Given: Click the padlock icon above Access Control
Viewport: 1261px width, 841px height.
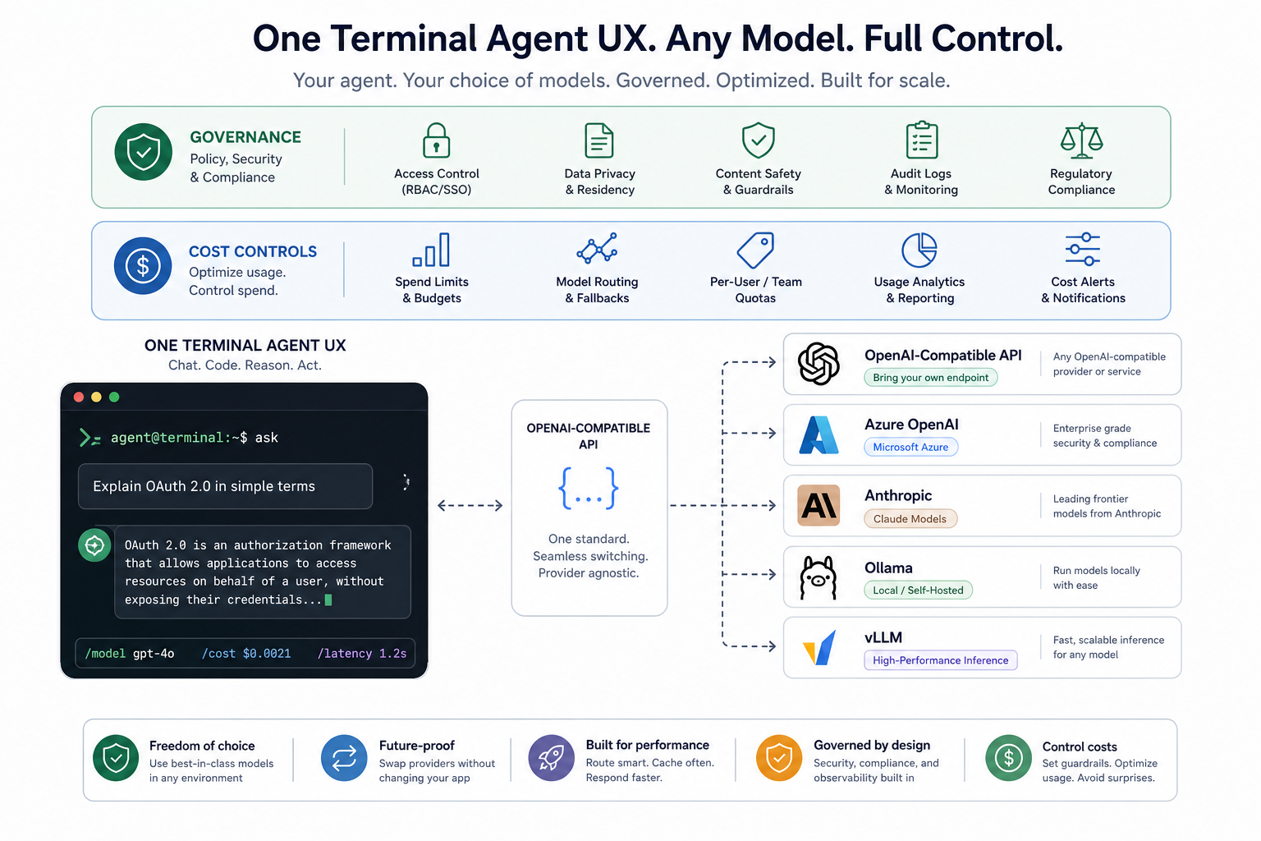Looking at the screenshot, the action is click(436, 140).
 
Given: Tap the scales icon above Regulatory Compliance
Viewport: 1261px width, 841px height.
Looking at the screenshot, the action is click(1081, 140).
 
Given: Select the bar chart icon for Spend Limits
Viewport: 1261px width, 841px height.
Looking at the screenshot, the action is click(431, 250).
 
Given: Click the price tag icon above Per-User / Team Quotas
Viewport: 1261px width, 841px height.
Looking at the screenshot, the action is click(755, 250).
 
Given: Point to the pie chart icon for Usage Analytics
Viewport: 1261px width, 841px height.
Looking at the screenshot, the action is click(919, 250).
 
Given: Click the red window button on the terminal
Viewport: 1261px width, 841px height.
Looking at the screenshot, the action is click(79, 398).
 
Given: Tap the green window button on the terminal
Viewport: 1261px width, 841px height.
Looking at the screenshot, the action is click(114, 398).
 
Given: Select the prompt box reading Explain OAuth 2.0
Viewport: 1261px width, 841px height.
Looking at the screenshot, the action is click(225, 486).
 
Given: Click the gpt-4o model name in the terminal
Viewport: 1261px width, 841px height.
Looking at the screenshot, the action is click(154, 654).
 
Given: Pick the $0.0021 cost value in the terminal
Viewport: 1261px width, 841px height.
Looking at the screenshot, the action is click(267, 654).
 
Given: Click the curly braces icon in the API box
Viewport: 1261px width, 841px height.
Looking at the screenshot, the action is click(589, 489).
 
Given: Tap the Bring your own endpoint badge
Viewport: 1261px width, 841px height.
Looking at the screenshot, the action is click(930, 378).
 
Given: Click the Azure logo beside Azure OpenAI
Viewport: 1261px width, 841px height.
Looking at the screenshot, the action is click(819, 434).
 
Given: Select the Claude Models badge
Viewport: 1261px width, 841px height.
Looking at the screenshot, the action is click(910, 519).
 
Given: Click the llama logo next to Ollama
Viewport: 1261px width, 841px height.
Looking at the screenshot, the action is click(819, 577).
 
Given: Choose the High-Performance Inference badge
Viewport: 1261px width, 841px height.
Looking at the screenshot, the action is click(941, 660).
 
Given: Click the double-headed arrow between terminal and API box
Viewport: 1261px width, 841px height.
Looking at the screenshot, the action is click(470, 505).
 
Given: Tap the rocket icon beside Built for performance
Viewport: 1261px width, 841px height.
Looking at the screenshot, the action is click(551, 757).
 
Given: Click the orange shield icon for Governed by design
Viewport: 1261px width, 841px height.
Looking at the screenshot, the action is click(779, 757).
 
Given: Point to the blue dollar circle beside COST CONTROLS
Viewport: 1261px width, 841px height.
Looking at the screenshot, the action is click(143, 266).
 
